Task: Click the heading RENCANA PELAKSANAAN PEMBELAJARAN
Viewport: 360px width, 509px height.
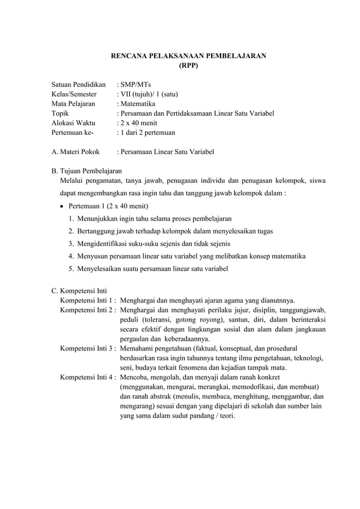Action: coord(188,56)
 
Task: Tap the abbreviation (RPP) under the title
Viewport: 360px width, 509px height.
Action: coord(188,65)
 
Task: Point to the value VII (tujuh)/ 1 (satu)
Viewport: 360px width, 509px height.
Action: coord(150,94)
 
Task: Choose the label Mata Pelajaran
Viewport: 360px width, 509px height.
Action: coord(73,104)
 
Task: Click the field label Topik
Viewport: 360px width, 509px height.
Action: coord(61,113)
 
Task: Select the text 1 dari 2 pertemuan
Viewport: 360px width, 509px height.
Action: coord(147,133)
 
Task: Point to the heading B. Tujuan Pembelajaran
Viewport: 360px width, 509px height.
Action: coord(86,171)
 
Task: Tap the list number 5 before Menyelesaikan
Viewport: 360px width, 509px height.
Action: coord(71,269)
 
